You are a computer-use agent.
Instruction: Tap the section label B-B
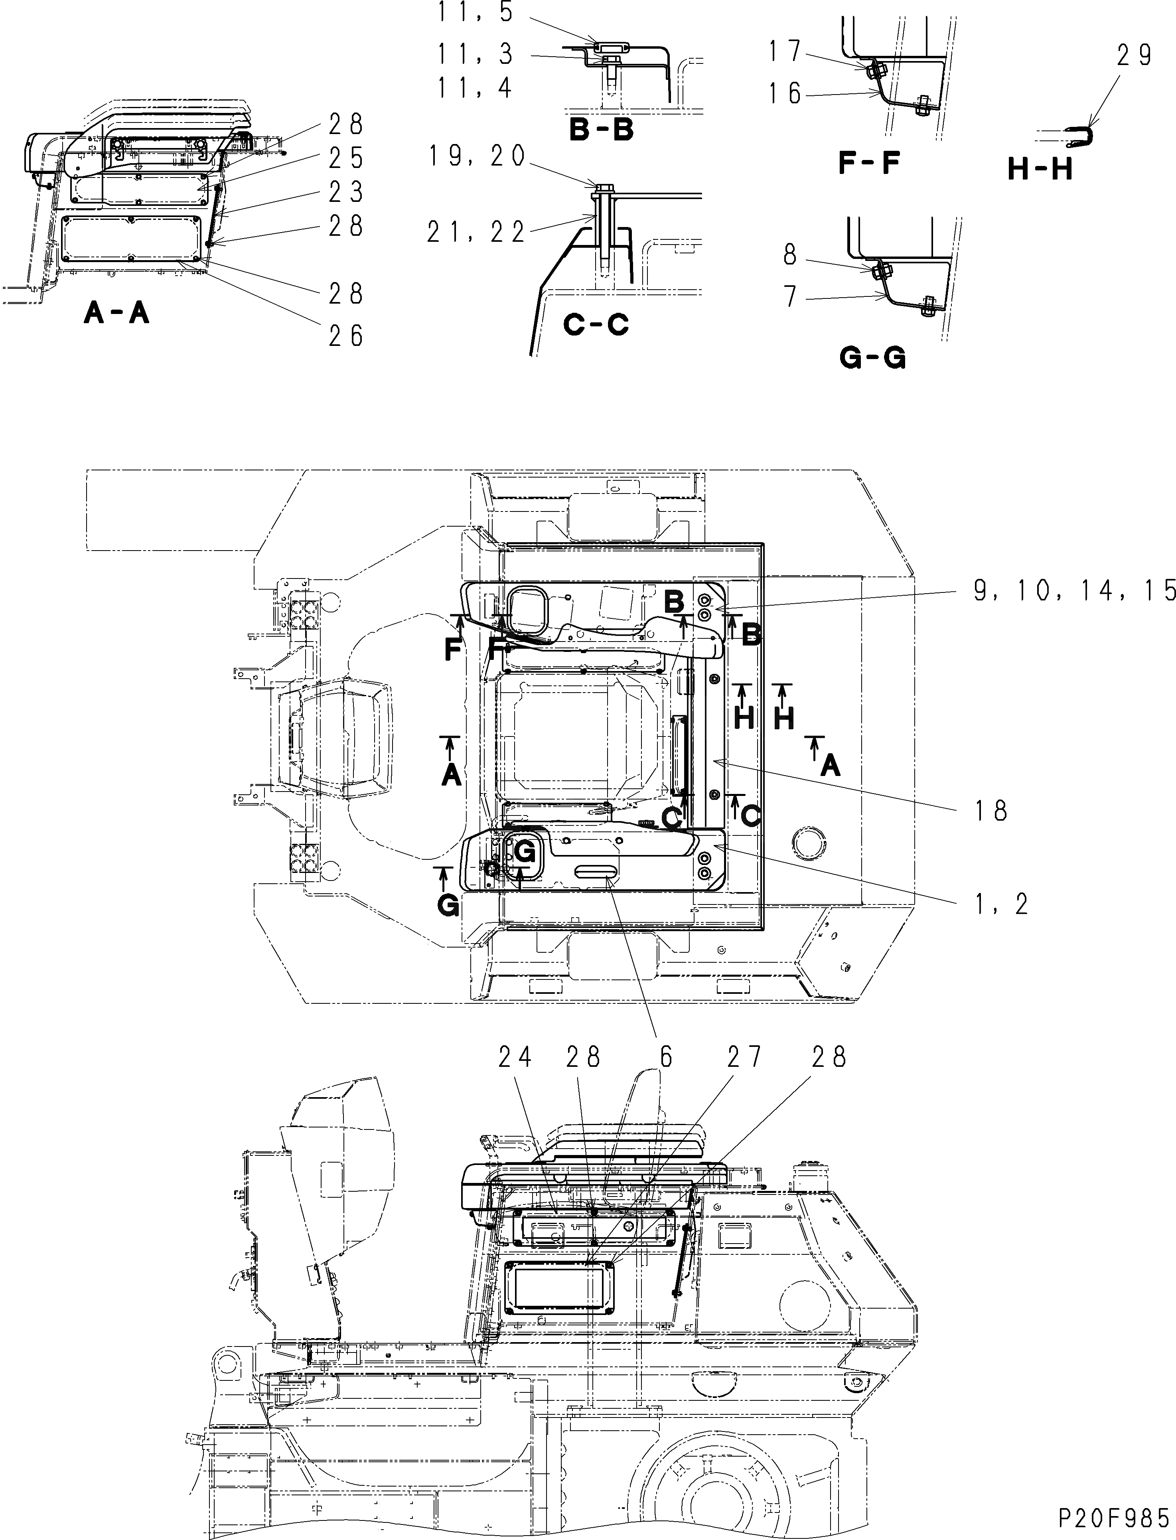tap(601, 130)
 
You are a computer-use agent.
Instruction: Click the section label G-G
tap(872, 358)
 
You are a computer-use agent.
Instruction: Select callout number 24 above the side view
tap(515, 1056)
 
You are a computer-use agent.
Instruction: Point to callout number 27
tap(744, 1056)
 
